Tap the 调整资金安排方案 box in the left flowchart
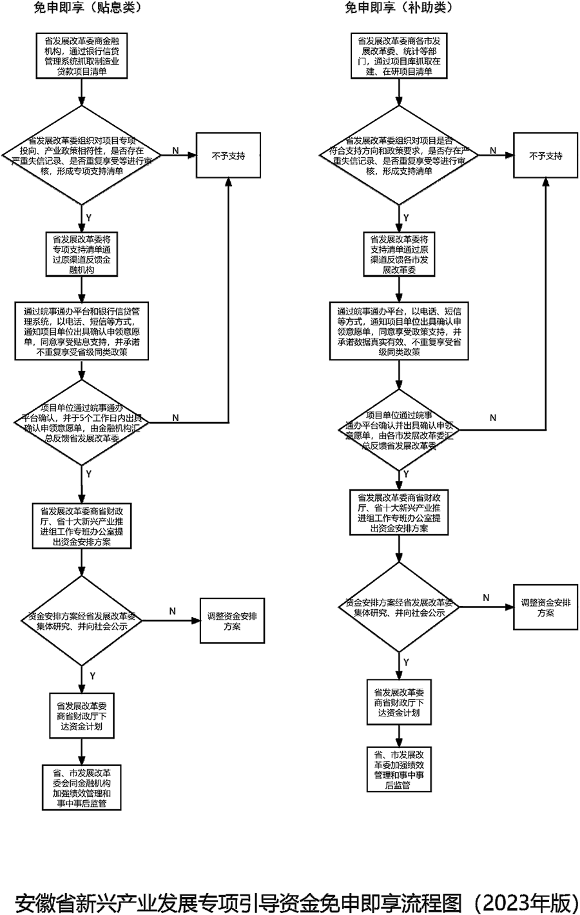coord(232,621)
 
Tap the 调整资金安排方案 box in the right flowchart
coord(545,607)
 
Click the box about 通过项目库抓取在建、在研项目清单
coord(399,56)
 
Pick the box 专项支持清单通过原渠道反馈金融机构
coord(81,254)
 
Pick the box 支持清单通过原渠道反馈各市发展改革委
coord(399,254)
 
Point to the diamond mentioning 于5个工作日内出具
coord(81,422)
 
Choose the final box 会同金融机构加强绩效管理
coord(81,787)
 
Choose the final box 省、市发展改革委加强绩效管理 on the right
coord(398,770)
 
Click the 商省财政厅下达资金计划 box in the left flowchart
coord(81,715)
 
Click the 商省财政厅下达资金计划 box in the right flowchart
coord(398,702)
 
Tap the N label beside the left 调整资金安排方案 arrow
coord(173,611)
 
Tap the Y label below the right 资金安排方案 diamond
coord(406,662)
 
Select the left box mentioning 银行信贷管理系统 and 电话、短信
coord(81,330)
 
